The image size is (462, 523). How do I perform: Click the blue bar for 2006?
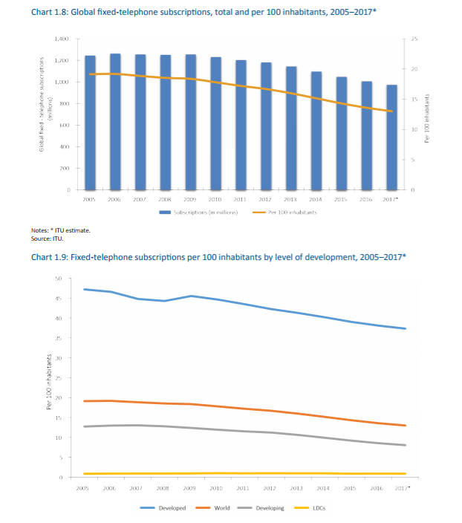[115, 122]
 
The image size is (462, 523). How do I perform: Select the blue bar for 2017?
[392, 137]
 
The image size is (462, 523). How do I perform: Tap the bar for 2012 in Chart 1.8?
[266, 126]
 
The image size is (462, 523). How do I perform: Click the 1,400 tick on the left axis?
[62, 39]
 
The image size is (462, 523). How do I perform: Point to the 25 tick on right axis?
[414, 39]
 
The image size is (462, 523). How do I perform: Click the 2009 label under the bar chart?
[190, 199]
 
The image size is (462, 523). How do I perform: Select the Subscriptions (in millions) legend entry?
[198, 212]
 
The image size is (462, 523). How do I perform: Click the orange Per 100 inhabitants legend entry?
[284, 212]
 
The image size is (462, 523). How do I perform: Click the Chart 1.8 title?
[204, 12]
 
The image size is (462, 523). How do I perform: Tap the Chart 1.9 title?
[218, 257]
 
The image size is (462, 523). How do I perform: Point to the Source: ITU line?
[47, 238]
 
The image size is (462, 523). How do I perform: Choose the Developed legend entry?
[163, 508]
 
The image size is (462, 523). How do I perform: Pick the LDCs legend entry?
[310, 508]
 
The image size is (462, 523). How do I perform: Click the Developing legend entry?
[261, 508]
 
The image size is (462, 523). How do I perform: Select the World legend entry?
[212, 508]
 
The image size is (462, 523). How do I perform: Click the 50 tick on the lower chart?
[59, 279]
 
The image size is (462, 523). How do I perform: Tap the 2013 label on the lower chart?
[296, 488]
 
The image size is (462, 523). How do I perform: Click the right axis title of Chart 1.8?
[426, 118]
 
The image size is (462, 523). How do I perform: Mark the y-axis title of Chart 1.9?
[49, 382]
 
